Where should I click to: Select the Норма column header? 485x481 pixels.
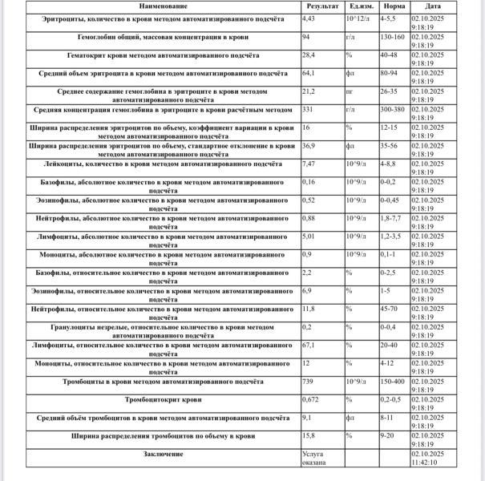coord(393,5)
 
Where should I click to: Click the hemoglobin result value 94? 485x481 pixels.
coord(306,37)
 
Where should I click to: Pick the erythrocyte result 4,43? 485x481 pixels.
coord(309,17)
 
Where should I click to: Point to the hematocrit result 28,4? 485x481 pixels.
coord(309,55)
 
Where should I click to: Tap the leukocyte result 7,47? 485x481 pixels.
coord(309,163)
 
